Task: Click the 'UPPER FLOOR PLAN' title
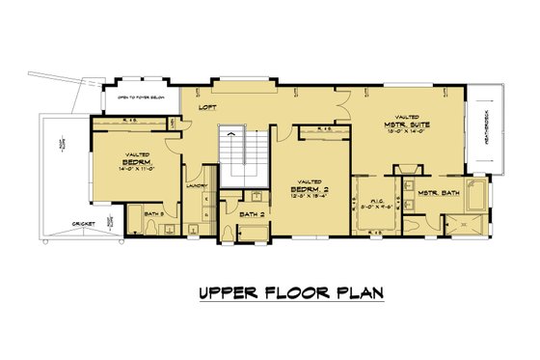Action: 270,292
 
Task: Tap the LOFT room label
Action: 207,109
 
